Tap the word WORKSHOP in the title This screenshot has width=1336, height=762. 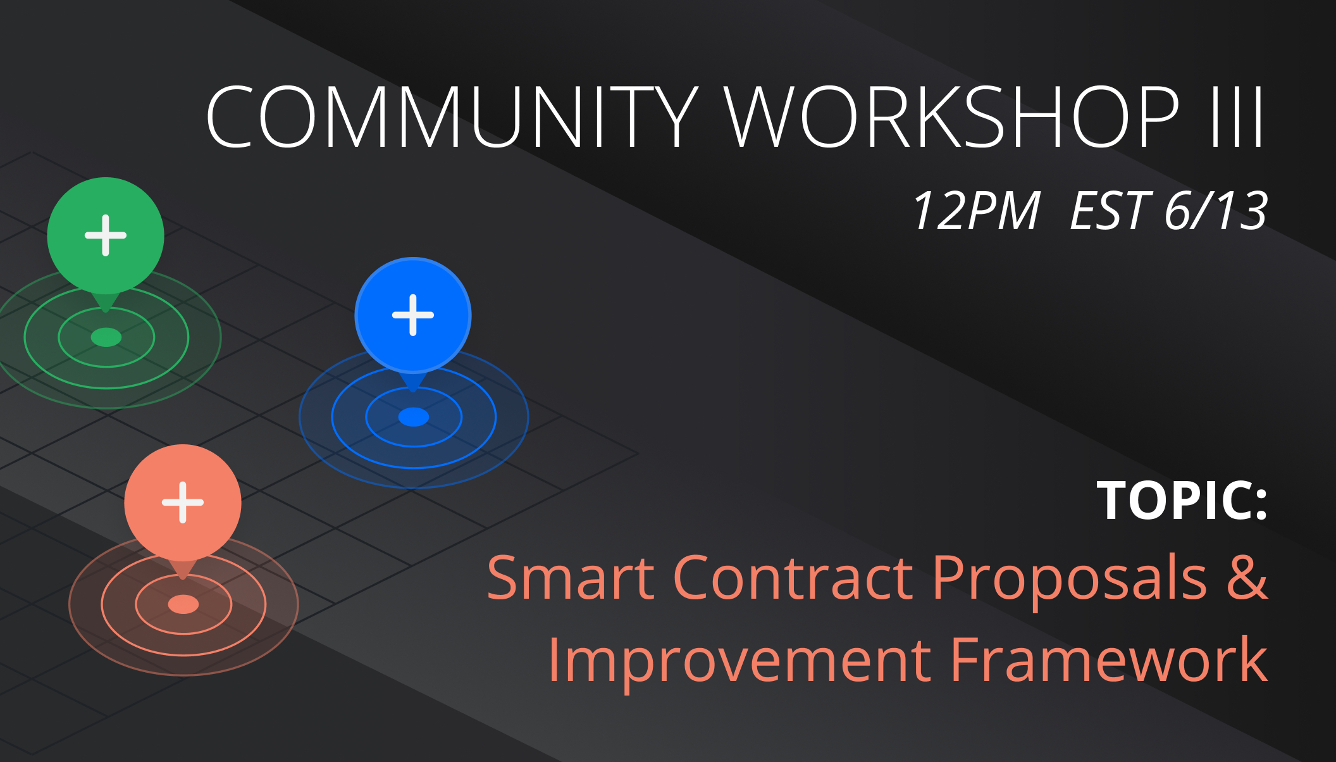coord(952,117)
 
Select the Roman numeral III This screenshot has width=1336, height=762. coord(1237,117)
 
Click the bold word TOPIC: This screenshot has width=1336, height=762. coord(1182,501)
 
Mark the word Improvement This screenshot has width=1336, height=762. coord(739,663)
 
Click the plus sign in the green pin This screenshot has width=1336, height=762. coord(106,235)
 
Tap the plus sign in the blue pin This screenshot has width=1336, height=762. coord(413,315)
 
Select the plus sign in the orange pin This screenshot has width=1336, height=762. coord(183,503)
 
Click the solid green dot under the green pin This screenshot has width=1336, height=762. coord(106,337)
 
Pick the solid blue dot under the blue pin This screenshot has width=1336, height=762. coord(414,417)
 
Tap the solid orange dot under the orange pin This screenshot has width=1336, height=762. coord(183,604)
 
